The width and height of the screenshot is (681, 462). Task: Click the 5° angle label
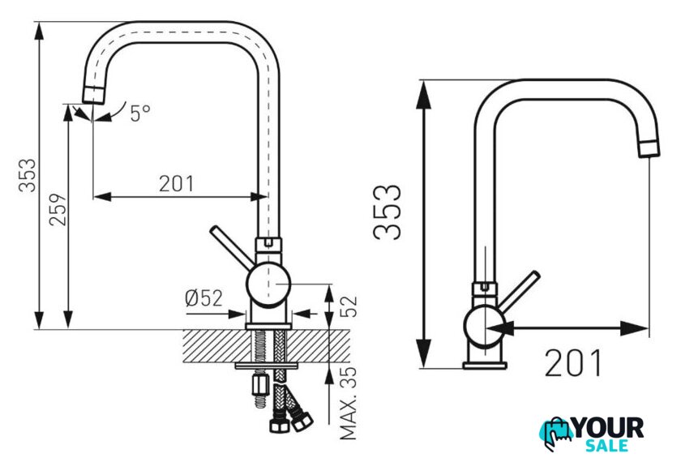pos(140,113)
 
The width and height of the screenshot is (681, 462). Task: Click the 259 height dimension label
pos(58,210)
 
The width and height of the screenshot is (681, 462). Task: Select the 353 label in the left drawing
pos(28,175)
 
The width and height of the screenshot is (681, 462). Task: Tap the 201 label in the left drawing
pos(177,184)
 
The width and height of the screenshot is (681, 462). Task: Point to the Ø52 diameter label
pos(203,298)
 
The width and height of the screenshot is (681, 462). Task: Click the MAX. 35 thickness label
pos(348,403)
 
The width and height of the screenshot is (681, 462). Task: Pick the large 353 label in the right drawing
pos(387,212)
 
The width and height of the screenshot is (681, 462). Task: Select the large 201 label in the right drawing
pos(573,363)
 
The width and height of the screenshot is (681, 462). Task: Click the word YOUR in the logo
pos(609,428)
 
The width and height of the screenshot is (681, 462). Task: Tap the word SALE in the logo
pos(606,446)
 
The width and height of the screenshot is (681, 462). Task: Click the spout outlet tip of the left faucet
pos(93,95)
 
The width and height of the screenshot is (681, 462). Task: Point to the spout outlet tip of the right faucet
pos(649,149)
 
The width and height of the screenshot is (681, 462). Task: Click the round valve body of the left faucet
pos(268,284)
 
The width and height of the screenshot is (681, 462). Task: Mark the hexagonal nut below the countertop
pos(259,385)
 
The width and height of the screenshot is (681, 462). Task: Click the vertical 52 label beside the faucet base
pos(348,306)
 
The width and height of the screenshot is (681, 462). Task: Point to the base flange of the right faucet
pos(484,366)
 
